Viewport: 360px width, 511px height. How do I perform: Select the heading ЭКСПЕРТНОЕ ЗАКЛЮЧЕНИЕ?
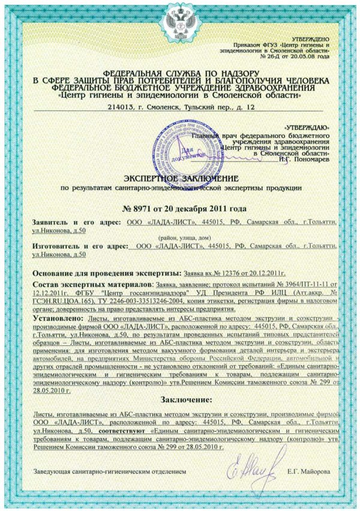pyautogui.click(x=180, y=178)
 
